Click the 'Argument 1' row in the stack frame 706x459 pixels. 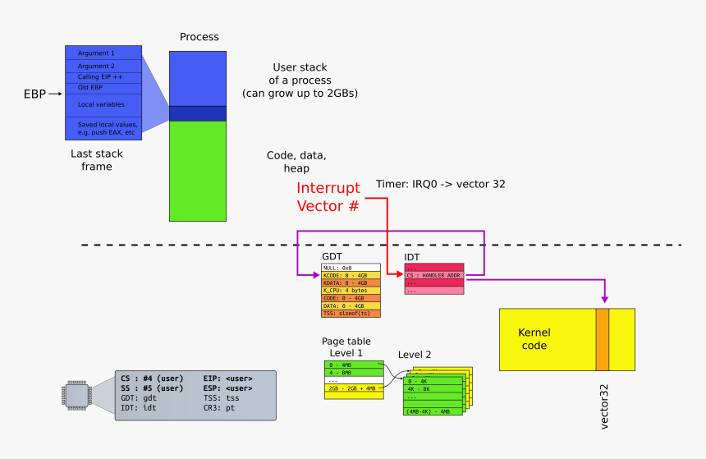click(x=103, y=53)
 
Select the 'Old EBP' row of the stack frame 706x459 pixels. click(x=103, y=87)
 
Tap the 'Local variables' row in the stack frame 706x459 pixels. click(x=103, y=104)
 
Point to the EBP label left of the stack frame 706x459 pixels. click(x=36, y=94)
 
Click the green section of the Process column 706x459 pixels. click(x=197, y=171)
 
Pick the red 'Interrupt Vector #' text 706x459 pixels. click(x=328, y=197)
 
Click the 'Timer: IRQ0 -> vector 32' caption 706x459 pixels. click(x=440, y=184)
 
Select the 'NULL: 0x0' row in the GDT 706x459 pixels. click(x=351, y=268)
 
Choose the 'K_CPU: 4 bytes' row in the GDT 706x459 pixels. click(x=351, y=291)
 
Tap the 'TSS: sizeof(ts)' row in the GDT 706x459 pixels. click(x=351, y=314)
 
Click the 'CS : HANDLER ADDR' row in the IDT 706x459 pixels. click(x=434, y=275)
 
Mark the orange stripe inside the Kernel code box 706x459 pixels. click(x=603, y=339)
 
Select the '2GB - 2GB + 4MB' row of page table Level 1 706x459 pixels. click(x=354, y=388)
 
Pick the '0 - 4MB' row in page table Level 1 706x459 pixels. click(x=354, y=364)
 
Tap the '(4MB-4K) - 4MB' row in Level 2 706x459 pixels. click(x=433, y=411)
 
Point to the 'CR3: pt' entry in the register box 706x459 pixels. click(x=222, y=407)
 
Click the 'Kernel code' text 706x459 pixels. click(x=534, y=338)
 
